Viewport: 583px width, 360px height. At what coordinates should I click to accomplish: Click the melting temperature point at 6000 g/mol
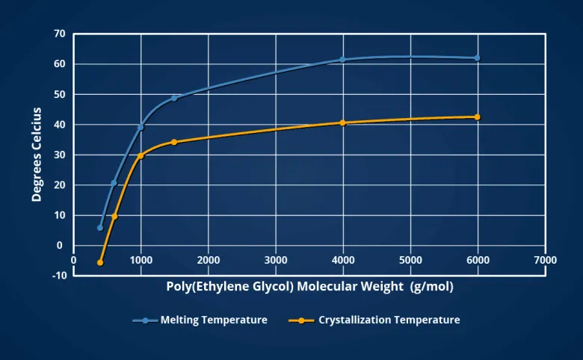(x=477, y=58)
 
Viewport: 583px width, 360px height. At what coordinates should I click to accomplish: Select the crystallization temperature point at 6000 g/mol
(x=477, y=117)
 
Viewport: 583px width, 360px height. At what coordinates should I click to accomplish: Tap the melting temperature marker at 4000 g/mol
(x=342, y=59)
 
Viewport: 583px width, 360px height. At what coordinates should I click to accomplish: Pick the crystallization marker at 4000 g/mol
(x=342, y=122)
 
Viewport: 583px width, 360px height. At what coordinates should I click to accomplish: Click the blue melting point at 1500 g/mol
(x=174, y=98)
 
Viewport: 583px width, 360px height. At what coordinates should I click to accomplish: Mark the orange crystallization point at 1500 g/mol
(x=174, y=142)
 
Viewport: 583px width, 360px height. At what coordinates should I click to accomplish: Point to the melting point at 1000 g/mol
(x=141, y=127)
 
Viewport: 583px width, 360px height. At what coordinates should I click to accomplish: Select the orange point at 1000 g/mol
(x=141, y=155)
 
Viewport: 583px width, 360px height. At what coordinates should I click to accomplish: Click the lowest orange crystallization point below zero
(x=100, y=262)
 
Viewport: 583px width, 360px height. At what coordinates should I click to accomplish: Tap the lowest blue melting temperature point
(x=100, y=227)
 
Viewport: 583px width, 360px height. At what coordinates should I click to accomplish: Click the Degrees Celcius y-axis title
(x=37, y=155)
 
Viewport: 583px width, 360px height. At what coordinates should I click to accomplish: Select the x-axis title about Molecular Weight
(x=309, y=287)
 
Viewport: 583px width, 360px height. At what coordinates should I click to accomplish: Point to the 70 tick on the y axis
(x=59, y=34)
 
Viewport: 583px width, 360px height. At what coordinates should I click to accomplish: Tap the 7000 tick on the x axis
(x=545, y=260)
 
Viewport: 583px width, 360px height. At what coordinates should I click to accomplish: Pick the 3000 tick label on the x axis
(x=276, y=260)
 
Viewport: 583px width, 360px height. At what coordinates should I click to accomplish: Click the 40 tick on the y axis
(x=59, y=125)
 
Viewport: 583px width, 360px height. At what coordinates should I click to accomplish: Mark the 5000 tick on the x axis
(x=410, y=260)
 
